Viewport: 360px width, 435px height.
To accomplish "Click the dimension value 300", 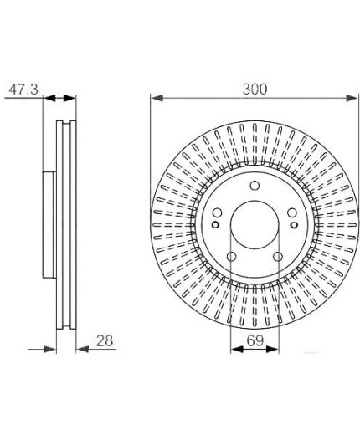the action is tap(255, 89).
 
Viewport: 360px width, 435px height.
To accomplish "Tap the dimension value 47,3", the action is tap(23, 90).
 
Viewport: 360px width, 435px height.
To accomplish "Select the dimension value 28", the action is tap(105, 340).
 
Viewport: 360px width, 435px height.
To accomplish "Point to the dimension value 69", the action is tap(255, 340).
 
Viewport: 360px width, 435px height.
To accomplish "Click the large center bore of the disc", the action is tap(255, 225).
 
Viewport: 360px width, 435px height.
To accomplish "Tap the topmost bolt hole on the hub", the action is tap(255, 186).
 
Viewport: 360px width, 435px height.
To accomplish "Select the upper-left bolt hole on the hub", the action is tap(217, 212).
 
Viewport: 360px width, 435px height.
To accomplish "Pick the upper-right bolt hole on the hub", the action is tap(292, 212).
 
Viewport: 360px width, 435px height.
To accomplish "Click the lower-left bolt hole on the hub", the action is tap(231, 257).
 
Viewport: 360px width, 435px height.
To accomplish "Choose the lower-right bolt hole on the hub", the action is tap(278, 257).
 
